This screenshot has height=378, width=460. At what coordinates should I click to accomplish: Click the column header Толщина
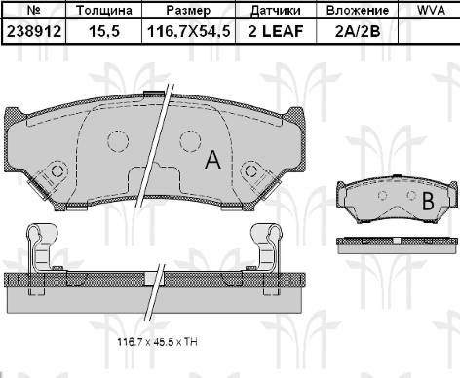click(104, 10)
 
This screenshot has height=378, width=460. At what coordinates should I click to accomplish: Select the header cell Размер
click(188, 11)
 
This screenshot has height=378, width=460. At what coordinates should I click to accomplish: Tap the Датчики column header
click(276, 11)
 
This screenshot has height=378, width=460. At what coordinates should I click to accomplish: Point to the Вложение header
click(358, 10)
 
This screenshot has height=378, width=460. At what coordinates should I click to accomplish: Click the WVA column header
click(431, 10)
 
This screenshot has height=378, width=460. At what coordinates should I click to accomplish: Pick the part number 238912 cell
click(34, 31)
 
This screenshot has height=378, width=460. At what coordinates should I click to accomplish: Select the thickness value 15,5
click(104, 31)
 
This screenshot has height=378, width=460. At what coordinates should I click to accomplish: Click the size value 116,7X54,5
click(189, 31)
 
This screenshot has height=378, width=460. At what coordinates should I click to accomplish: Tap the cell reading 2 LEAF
click(276, 31)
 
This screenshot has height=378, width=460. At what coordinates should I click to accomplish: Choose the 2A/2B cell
click(358, 31)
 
